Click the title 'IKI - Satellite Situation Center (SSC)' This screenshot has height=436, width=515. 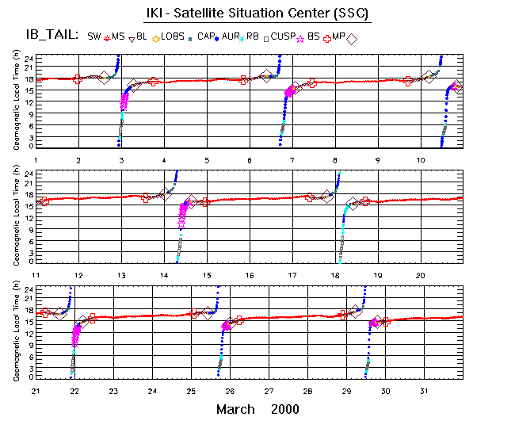pyautogui.click(x=257, y=14)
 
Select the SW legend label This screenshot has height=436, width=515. pyautogui.click(x=93, y=36)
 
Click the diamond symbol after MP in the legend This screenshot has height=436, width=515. pyautogui.click(x=352, y=38)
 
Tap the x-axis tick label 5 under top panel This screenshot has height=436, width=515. pyautogui.click(x=207, y=160)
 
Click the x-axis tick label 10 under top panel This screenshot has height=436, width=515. pyautogui.click(x=421, y=160)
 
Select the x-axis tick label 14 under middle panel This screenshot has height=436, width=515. pyautogui.click(x=164, y=274)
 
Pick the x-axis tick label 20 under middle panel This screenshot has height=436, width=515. pyautogui.click(x=421, y=274)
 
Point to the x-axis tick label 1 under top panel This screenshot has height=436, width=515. pyautogui.click(x=36, y=160)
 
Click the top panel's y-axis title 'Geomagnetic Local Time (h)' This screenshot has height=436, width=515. pyautogui.click(x=17, y=100)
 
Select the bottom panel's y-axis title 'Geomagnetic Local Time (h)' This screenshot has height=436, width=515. pyautogui.click(x=17, y=330)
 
